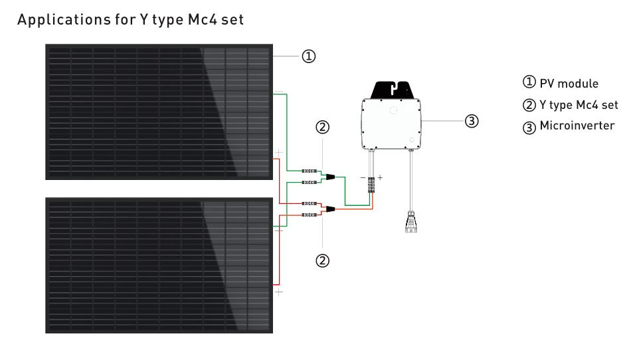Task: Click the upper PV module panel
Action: tap(159, 112)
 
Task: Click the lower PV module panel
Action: tap(159, 264)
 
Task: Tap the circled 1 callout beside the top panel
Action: tap(308, 56)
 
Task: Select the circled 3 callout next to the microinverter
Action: tap(471, 121)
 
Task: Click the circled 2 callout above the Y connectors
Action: tap(322, 127)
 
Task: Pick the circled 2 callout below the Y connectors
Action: tap(322, 260)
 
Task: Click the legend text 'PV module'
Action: tap(569, 84)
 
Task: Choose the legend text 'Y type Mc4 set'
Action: tap(579, 105)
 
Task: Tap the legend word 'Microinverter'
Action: tap(577, 125)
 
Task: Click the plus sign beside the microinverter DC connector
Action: tap(380, 178)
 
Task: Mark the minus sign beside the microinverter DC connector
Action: tap(363, 178)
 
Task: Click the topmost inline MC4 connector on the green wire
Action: tap(309, 171)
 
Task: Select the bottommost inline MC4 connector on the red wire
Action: tap(309, 215)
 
